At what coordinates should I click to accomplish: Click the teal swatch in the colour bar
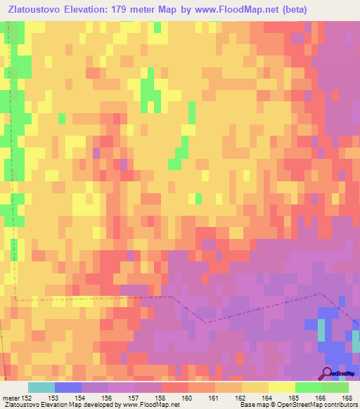pos(41,387)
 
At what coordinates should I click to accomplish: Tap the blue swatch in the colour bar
pos(67,387)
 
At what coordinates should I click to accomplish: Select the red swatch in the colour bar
pos(174,387)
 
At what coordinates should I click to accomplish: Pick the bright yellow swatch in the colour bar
pos(281,387)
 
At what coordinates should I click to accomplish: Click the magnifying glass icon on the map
pos(326,373)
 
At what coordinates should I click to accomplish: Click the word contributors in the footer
pos(335,405)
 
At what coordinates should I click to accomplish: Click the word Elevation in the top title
pos(90,8)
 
